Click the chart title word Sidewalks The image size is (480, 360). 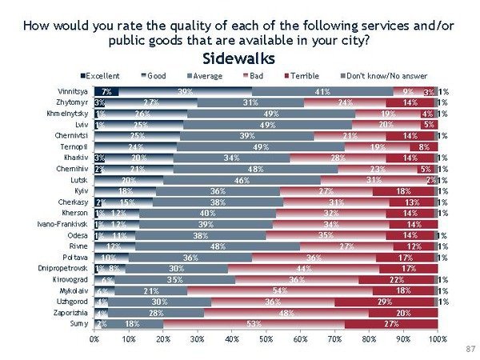coord(239,58)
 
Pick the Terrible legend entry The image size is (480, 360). coord(306,75)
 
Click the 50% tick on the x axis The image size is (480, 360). coord(266,339)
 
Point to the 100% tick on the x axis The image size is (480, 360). coord(437,339)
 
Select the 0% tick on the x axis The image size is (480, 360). coord(94,339)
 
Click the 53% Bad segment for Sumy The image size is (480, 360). coord(254,324)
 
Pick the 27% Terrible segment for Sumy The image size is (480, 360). coord(390,324)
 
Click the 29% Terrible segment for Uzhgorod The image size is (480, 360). coord(384,302)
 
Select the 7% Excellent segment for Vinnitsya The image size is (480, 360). coord(106,92)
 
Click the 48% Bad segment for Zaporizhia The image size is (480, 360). coord(282,313)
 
